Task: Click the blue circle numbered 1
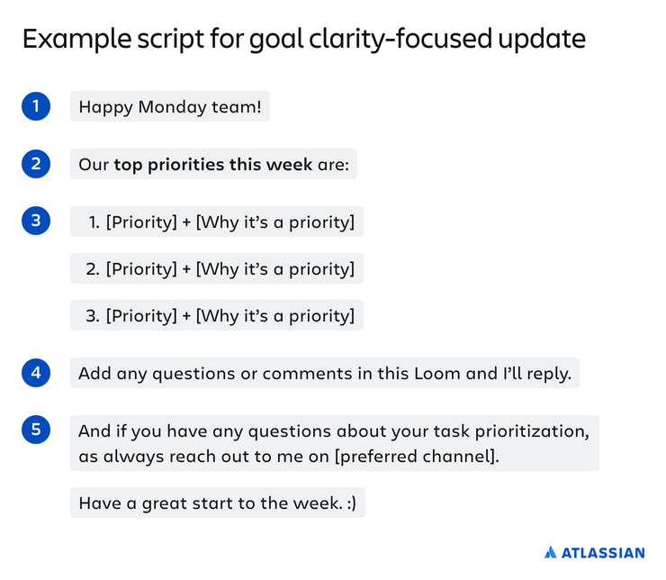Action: click(x=36, y=106)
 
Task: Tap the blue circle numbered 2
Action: click(x=36, y=164)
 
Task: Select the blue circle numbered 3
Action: click(x=36, y=221)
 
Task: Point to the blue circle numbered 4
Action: click(x=36, y=373)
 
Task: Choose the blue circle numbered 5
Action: click(x=36, y=430)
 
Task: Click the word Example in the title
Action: click(x=76, y=40)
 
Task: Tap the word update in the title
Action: click(x=542, y=40)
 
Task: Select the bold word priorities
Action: click(x=186, y=165)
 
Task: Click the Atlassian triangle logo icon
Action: click(x=551, y=552)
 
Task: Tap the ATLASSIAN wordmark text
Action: click(x=603, y=553)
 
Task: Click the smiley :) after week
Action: click(x=351, y=503)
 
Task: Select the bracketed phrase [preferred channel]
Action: click(x=417, y=457)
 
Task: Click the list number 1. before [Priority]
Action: click(x=94, y=222)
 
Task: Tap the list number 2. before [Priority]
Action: click(x=93, y=269)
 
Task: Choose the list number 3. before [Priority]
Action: click(x=93, y=316)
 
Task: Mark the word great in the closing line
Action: click(x=164, y=504)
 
